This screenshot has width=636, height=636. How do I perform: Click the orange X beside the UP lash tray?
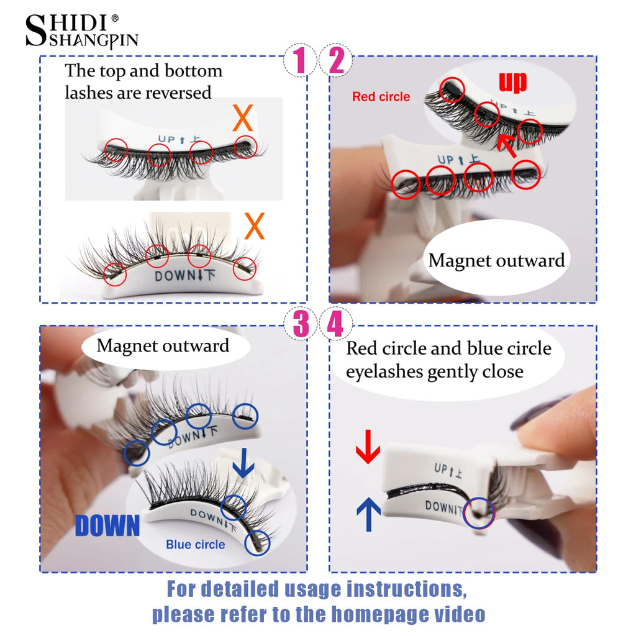tap(242, 118)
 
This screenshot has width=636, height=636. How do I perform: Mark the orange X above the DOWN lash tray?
tap(255, 227)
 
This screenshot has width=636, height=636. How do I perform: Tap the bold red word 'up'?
tap(512, 81)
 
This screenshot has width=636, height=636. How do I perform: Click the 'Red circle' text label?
tap(381, 97)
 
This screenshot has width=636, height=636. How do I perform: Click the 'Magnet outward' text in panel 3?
tap(163, 346)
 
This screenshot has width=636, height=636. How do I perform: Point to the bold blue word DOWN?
tap(107, 525)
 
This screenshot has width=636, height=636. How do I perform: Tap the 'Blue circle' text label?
tap(195, 545)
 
